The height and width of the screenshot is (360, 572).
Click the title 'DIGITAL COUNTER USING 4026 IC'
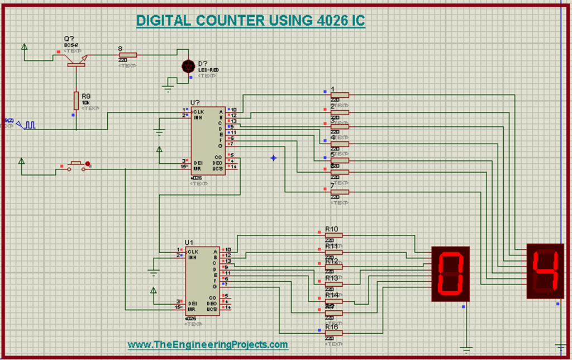(251, 21)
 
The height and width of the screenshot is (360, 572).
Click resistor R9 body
(76, 101)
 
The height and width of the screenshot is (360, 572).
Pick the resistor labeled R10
(333, 235)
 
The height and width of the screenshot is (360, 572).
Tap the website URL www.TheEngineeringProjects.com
(208, 345)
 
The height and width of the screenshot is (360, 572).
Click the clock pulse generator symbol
(26, 124)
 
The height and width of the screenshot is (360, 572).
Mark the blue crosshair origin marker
(274, 158)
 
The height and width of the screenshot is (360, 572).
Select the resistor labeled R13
(333, 284)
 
